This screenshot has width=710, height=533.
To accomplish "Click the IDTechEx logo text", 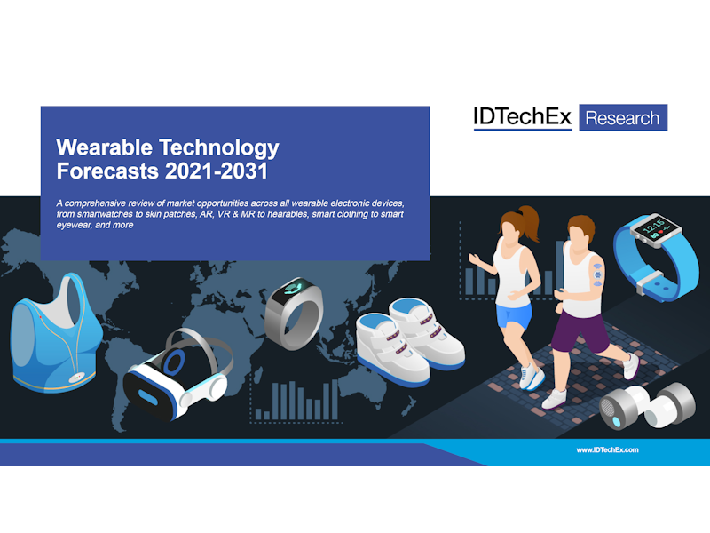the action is click(x=522, y=117).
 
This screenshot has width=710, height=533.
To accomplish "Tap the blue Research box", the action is click(x=623, y=117).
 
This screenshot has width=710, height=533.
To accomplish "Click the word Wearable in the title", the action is click(x=104, y=147).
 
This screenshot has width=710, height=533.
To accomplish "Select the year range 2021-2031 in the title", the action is click(x=217, y=171).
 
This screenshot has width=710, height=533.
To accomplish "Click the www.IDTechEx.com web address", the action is click(x=607, y=450).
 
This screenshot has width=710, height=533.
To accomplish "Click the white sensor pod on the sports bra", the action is click(x=76, y=377).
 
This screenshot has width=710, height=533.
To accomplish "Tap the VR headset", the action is click(x=177, y=375).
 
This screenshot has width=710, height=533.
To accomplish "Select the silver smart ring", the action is click(x=294, y=314).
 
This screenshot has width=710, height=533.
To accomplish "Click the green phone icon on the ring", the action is click(x=296, y=287).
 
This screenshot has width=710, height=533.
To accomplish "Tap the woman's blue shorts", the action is click(x=514, y=315).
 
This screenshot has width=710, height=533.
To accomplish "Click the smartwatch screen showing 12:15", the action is click(x=657, y=230).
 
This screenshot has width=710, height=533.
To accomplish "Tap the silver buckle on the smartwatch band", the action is click(x=650, y=282).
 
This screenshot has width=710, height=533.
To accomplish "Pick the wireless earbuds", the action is click(x=647, y=406).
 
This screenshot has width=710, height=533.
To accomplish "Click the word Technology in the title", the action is click(x=219, y=148).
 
